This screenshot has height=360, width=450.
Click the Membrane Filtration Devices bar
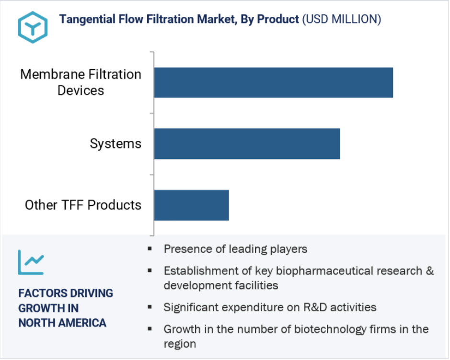(274, 82)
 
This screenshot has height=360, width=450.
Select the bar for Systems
(247, 144)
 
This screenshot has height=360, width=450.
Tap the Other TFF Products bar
(192, 205)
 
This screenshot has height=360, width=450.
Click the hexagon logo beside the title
(33, 27)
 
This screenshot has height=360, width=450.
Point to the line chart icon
(31, 262)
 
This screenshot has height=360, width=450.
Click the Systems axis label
(115, 144)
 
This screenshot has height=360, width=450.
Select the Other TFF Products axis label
(83, 205)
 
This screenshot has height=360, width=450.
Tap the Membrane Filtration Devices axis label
(81, 82)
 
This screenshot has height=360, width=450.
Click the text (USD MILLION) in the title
(342, 19)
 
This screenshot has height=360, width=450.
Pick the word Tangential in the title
(87, 20)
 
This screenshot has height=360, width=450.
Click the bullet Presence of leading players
(235, 249)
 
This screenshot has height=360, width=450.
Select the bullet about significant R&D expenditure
(270, 307)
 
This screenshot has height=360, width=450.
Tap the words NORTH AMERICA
(62, 323)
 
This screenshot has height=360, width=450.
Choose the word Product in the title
(278, 19)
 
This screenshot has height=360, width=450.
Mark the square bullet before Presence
(150, 248)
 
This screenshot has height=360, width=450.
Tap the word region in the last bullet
(180, 344)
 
